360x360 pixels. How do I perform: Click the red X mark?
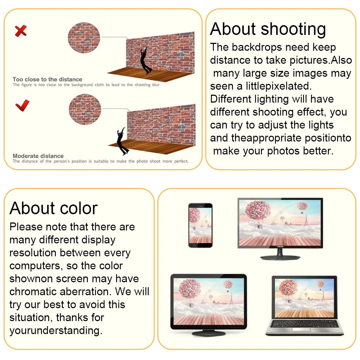(x=21, y=31)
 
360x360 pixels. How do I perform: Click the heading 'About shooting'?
(x=268, y=30)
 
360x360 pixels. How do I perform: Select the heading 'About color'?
(x=54, y=208)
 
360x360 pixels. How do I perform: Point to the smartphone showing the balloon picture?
(x=200, y=225)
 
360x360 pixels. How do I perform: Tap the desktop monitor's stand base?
(x=280, y=258)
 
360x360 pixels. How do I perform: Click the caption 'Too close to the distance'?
(x=47, y=80)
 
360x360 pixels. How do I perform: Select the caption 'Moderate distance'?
(x=38, y=156)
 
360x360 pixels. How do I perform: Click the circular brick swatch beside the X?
(x=84, y=38)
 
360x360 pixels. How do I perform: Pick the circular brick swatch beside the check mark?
(x=85, y=109)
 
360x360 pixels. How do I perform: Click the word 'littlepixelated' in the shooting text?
(x=279, y=86)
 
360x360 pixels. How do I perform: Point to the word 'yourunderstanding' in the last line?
(x=56, y=331)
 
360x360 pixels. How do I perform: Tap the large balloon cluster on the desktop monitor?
(x=258, y=210)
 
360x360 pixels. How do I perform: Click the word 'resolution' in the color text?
(x=33, y=253)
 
